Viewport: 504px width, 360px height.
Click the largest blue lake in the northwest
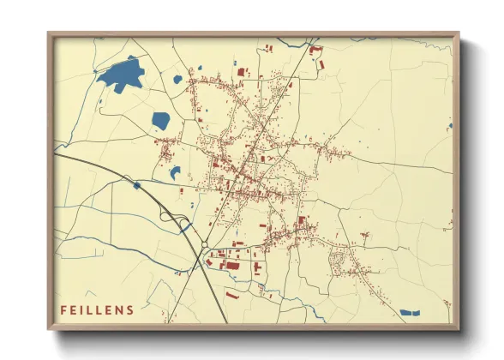[122, 75]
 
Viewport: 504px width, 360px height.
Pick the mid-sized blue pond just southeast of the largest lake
[160, 121]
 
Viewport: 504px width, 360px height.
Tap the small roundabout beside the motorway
[203, 247]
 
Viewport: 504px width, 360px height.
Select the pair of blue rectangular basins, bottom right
[411, 311]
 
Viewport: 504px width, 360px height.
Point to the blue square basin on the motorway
[136, 185]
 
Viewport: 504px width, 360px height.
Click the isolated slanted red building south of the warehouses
[231, 295]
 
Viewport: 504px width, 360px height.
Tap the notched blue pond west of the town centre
[175, 171]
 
